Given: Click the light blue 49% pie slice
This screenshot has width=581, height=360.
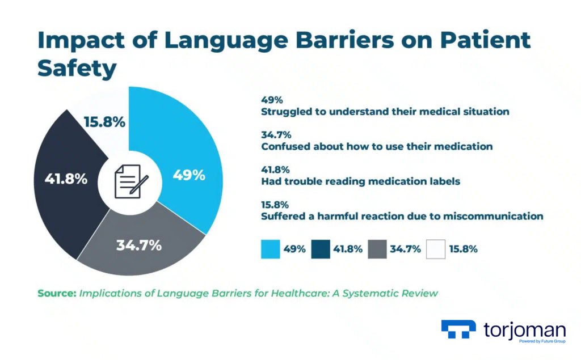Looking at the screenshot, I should click(x=187, y=164).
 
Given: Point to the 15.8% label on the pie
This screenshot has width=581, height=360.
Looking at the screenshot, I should click(x=104, y=122).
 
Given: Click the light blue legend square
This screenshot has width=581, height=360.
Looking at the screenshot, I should click(x=270, y=249).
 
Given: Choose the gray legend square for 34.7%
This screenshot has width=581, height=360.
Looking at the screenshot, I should click(x=376, y=249).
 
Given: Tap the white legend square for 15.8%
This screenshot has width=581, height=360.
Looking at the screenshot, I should click(x=435, y=249).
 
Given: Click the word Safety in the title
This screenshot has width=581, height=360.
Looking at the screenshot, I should click(x=77, y=68).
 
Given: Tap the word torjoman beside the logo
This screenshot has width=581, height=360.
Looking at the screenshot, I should click(x=525, y=329).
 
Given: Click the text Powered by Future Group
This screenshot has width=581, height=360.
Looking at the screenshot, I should click(x=541, y=342).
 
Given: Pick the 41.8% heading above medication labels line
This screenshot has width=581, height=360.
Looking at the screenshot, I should click(x=275, y=170).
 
